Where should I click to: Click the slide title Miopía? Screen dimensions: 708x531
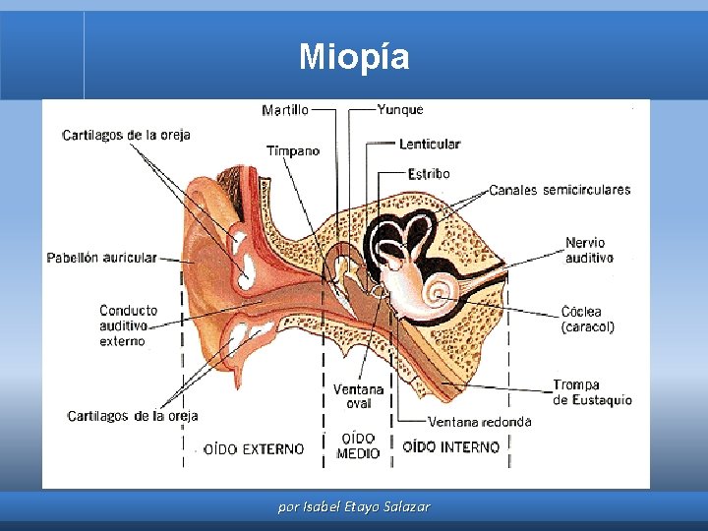[354, 56]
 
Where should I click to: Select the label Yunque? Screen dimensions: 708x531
[400, 109]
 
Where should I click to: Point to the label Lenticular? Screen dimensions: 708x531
[430, 144]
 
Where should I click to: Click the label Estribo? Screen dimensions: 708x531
[429, 174]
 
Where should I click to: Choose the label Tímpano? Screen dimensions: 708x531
[293, 150]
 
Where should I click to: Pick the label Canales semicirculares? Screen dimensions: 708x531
[560, 190]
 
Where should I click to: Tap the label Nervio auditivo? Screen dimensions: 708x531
[589, 250]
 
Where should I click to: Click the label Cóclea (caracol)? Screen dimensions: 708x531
[588, 319]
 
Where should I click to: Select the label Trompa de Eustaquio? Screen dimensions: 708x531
[592, 392]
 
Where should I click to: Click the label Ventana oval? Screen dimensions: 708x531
[358, 395]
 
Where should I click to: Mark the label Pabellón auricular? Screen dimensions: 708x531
[101, 258]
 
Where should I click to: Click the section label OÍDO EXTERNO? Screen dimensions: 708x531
[254, 448]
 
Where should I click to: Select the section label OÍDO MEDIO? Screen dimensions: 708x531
[358, 446]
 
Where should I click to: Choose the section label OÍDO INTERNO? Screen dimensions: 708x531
[451, 446]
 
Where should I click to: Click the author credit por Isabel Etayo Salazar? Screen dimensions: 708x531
[354, 507]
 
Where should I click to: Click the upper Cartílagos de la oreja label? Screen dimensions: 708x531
[126, 135]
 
